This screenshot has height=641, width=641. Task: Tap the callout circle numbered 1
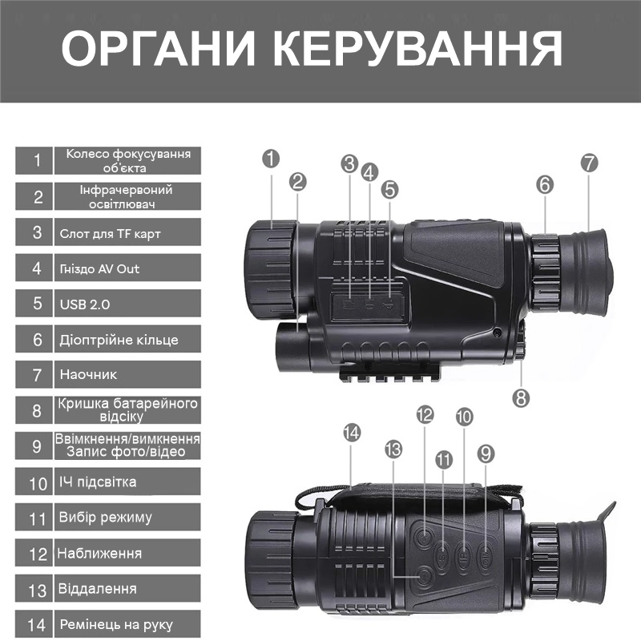(271, 158)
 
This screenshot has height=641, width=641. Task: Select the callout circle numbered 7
(589, 163)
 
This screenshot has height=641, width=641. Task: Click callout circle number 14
(351, 433)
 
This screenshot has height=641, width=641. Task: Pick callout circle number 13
(393, 450)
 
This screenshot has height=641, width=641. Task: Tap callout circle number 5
(390, 189)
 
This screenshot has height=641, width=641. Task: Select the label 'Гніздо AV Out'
(99, 268)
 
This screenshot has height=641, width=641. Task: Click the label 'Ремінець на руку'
(116, 623)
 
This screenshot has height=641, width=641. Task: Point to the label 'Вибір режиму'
(105, 517)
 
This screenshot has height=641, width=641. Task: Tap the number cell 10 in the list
(38, 482)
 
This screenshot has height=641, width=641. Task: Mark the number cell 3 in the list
(38, 233)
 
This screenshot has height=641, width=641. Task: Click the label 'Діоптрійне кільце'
(119, 339)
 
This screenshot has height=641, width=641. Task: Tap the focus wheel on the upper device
(271, 269)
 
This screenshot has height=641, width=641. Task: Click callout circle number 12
(425, 414)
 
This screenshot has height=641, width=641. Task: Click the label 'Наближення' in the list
(99, 553)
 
